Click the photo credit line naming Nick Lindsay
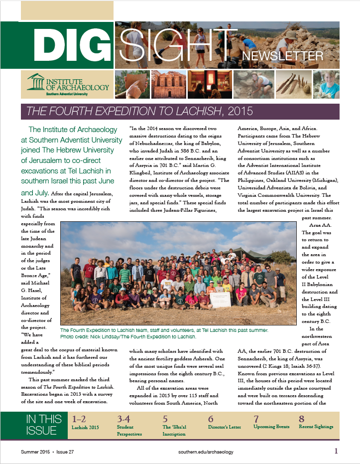127,337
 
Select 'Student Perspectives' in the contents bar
129,430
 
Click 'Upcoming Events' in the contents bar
271,427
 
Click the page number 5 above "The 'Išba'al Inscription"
165,419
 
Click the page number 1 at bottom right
336,451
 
